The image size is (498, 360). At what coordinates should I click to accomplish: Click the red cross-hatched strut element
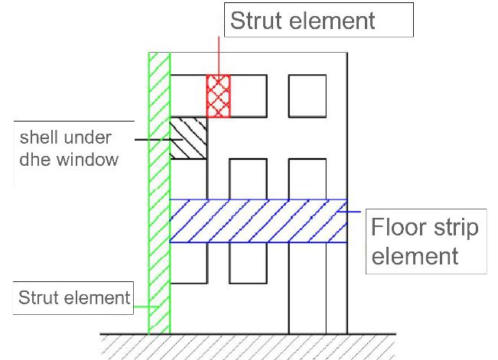pyautogui.click(x=219, y=96)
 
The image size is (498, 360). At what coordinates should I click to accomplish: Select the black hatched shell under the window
pyautogui.click(x=188, y=138)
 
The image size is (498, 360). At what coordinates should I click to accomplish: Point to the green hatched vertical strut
pyautogui.click(x=159, y=191)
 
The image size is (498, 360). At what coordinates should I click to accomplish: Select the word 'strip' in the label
pyautogui.click(x=456, y=228)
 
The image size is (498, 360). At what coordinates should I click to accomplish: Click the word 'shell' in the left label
pyautogui.click(x=39, y=138)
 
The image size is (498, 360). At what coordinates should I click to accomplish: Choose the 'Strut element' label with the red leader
pyautogui.click(x=303, y=21)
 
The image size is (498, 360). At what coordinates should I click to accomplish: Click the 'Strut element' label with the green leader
pyautogui.click(x=74, y=297)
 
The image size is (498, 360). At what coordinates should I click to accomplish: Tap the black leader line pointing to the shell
pyautogui.click(x=151, y=139)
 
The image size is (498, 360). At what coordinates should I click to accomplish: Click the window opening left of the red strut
pyautogui.click(x=188, y=96)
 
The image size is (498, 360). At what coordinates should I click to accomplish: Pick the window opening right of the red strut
pyautogui.click(x=249, y=96)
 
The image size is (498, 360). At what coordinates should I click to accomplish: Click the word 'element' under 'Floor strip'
pyautogui.click(x=414, y=255)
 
